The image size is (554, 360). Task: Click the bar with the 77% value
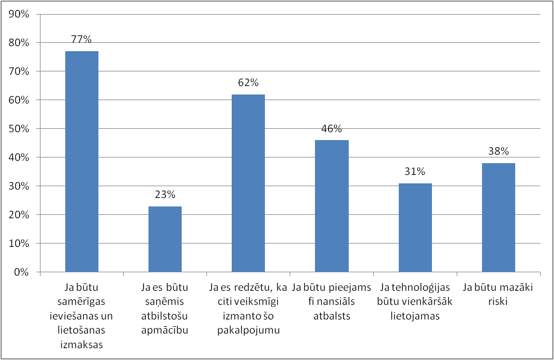click(x=82, y=161)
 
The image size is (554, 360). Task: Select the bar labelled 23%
click(x=165, y=239)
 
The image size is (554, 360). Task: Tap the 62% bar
click(x=248, y=183)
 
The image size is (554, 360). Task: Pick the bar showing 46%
click(x=331, y=206)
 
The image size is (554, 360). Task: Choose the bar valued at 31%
click(x=415, y=227)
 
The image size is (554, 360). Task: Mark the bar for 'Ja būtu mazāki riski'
click(x=498, y=217)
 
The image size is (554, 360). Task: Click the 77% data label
click(x=82, y=39)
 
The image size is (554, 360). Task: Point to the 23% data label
click(x=165, y=195)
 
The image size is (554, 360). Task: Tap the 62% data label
click(x=248, y=83)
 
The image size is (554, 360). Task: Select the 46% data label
click(x=331, y=128)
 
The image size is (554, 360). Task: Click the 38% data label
click(x=498, y=151)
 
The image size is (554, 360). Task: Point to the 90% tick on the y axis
click(x=20, y=14)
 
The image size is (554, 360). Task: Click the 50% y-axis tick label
click(x=20, y=129)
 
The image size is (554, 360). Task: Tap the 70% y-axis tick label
click(x=20, y=71)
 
